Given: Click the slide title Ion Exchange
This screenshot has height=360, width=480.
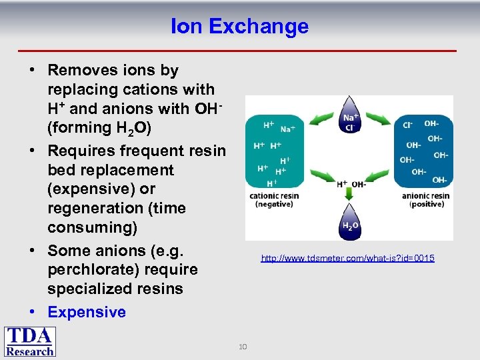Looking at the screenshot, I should (x=239, y=26).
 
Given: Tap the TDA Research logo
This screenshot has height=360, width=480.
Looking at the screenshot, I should (x=30, y=341).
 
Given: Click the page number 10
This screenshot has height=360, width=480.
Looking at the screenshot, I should (x=243, y=346).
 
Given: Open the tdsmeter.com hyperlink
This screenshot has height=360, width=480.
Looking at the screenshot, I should (x=347, y=258).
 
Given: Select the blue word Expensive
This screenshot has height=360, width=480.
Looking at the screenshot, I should (x=87, y=312).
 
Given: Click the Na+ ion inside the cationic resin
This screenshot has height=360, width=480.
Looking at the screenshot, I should (x=289, y=129).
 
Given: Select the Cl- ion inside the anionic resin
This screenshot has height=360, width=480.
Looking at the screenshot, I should (x=407, y=125).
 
